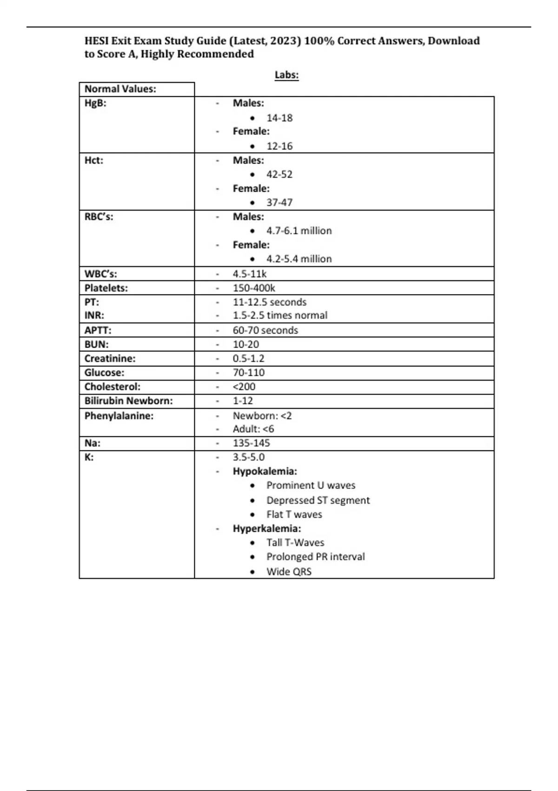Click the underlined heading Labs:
click(286, 75)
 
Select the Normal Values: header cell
click(120, 89)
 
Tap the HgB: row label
click(95, 103)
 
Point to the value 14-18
click(279, 118)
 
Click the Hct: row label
click(94, 161)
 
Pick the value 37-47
click(279, 203)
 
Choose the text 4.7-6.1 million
click(299, 231)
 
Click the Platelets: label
click(106, 288)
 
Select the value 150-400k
click(254, 288)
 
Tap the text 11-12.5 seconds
click(270, 302)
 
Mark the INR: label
click(94, 315)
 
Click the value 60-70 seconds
click(266, 330)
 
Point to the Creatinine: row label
click(110, 359)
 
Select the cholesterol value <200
click(244, 387)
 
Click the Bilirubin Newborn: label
click(128, 401)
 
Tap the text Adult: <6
click(253, 429)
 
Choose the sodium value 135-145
click(251, 443)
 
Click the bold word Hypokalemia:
click(265, 471)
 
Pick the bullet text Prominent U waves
click(311, 486)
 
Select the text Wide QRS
click(289, 572)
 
